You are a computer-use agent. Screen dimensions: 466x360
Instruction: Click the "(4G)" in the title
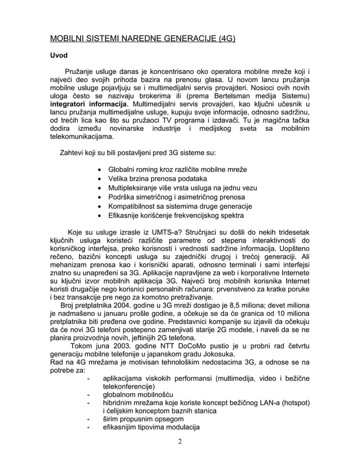[x=223, y=39]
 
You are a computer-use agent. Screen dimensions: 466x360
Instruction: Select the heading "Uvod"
[x=59, y=56]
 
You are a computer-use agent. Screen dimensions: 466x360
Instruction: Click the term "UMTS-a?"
[x=160, y=231]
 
